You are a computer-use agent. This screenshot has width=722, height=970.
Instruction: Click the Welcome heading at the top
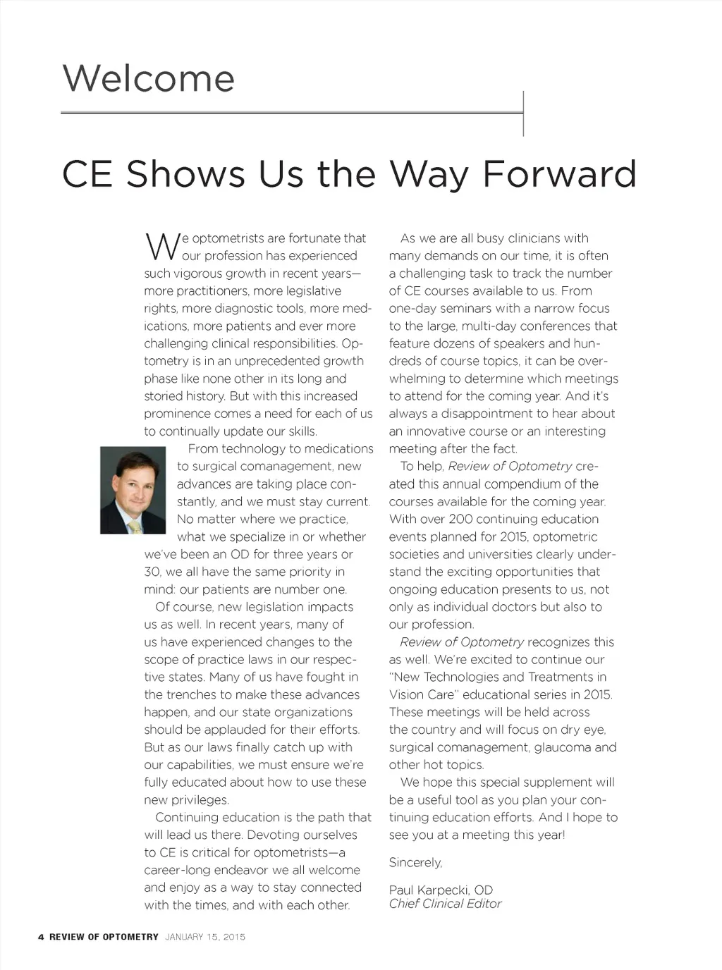tap(148, 78)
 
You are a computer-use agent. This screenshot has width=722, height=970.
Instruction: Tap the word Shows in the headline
tap(185, 174)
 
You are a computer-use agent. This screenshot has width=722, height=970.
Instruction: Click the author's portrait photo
tap(133, 490)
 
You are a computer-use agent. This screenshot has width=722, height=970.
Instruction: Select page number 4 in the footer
tap(41, 937)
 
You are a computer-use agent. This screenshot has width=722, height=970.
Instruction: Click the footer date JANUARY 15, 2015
tap(205, 937)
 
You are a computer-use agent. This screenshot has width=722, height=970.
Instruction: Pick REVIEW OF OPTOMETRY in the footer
tap(104, 937)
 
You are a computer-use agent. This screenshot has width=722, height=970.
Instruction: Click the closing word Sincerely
tap(415, 863)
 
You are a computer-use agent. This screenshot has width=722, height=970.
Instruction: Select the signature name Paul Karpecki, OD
tap(441, 890)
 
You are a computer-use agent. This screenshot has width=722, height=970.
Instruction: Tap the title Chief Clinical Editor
tap(445, 904)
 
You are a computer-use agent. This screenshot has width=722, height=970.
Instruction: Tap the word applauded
tap(237, 730)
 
